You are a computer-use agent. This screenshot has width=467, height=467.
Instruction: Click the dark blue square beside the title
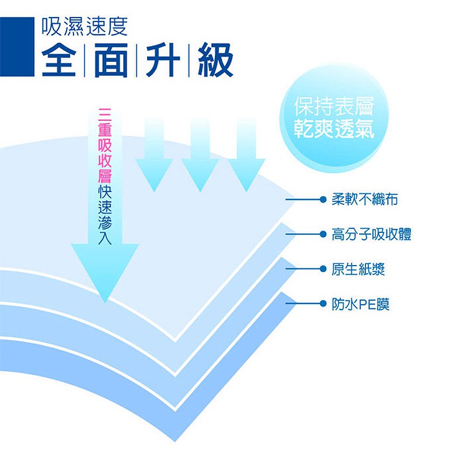[17, 47]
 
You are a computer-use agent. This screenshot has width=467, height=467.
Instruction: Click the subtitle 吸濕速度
[85, 26]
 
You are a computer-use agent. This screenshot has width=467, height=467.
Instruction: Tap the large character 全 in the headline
[59, 60]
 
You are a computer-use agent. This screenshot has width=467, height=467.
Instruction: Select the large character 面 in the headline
[111, 60]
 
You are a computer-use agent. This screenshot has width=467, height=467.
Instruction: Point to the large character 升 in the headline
[163, 60]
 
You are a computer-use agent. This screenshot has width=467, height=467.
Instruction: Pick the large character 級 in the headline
[215, 60]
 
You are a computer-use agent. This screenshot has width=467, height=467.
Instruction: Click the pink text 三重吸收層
[105, 145]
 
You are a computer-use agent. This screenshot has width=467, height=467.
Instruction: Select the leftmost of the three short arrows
[154, 155]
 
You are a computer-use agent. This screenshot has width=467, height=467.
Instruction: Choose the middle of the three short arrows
[200, 155]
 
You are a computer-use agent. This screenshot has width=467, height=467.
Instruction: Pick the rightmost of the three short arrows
[246, 155]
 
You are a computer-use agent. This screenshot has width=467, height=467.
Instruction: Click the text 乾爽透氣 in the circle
[334, 129]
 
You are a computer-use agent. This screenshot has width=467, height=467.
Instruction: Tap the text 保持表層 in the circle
[334, 106]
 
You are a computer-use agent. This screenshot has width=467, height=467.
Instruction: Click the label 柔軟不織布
[364, 199]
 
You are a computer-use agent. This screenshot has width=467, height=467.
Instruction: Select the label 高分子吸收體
[371, 234]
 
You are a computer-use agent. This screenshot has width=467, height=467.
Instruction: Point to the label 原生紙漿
[358, 269]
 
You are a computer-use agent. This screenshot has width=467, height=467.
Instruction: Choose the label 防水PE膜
[360, 304]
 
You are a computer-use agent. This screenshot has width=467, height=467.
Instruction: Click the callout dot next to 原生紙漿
[323, 269]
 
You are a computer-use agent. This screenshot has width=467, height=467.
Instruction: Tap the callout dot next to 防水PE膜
[323, 304]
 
